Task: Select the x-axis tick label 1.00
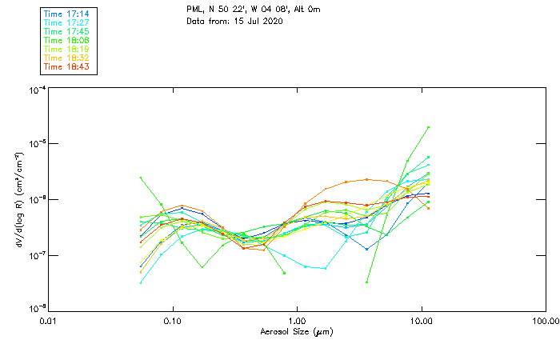297,320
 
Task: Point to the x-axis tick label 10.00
421,320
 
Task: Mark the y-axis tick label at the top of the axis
36,90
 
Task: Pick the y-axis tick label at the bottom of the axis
36,309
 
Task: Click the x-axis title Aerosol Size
297,331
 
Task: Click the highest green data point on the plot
429,127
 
